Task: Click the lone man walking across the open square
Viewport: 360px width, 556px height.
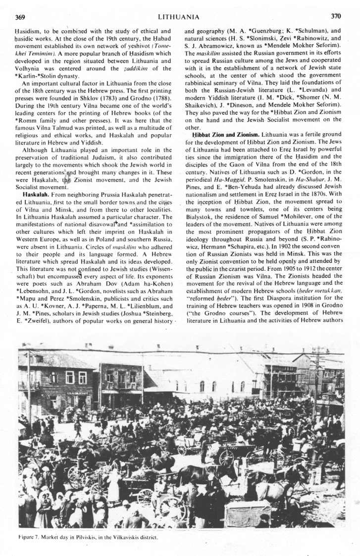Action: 78,426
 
